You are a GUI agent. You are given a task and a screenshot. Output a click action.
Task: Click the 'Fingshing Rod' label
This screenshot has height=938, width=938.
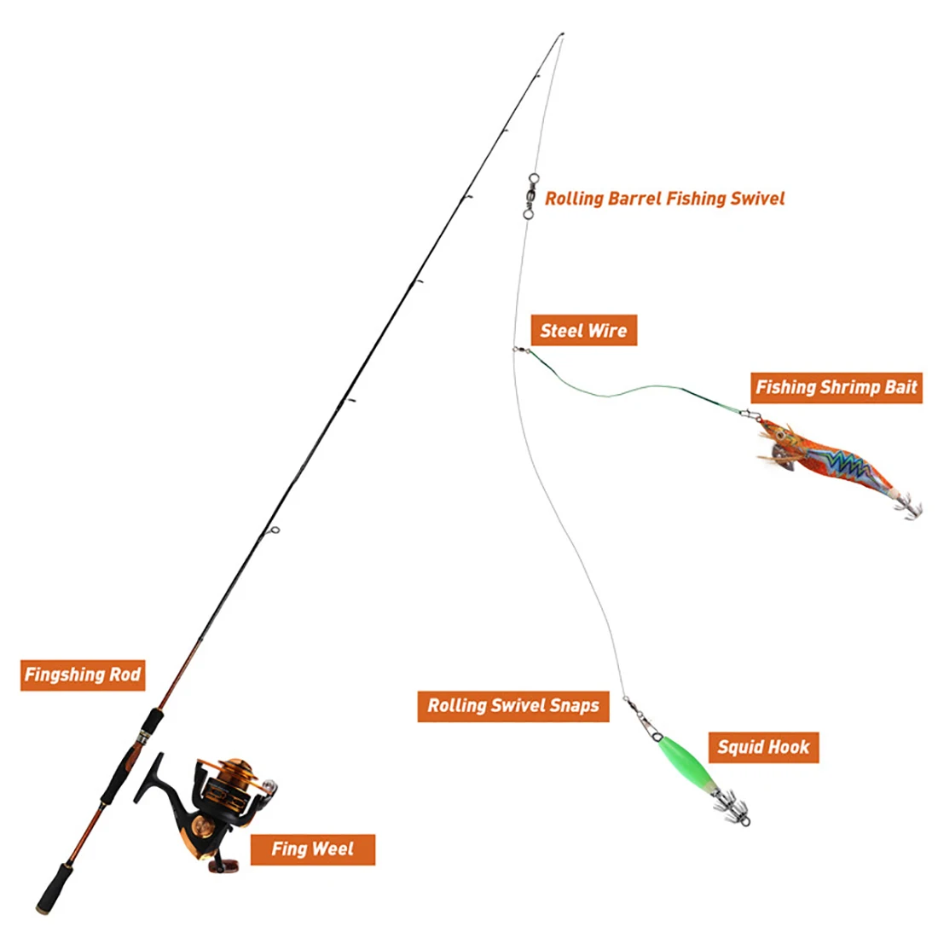pos(83,675)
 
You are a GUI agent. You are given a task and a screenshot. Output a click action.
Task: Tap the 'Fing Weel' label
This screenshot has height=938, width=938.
pos(312,848)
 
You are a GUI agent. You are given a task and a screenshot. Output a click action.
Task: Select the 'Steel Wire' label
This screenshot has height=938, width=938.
pos(584,330)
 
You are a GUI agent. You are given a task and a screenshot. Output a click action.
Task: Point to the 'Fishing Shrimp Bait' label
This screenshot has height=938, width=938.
pos(837,387)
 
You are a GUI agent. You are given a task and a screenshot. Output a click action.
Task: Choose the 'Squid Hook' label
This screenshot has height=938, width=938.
pos(763,747)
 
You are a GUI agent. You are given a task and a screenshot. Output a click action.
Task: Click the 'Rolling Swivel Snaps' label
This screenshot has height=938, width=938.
pos(513,706)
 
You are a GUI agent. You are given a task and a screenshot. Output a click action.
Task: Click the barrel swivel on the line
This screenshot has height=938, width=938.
pos(530,195)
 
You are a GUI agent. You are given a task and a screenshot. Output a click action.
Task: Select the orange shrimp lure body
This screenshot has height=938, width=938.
pos(831,460)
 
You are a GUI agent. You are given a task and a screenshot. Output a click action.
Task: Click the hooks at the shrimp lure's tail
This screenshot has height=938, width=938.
pos(908,506)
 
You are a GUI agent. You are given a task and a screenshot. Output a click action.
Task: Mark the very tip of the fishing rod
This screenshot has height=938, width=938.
pos(562,34)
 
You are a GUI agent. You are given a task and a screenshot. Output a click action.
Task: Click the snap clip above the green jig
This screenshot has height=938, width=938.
pos(644,719)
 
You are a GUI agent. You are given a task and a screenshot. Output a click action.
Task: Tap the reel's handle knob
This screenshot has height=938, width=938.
pos(223,865)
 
